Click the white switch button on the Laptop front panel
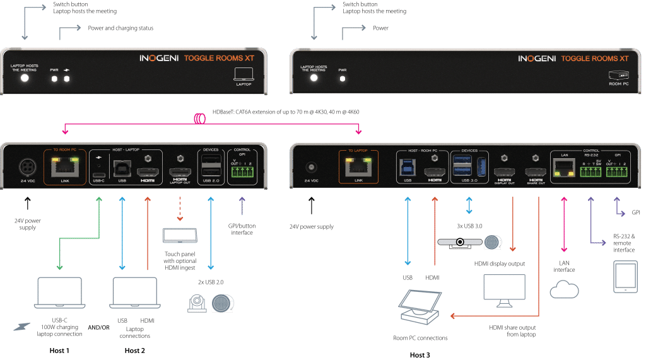25,78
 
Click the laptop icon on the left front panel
243,73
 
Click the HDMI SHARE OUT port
536,172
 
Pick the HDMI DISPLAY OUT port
503,172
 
